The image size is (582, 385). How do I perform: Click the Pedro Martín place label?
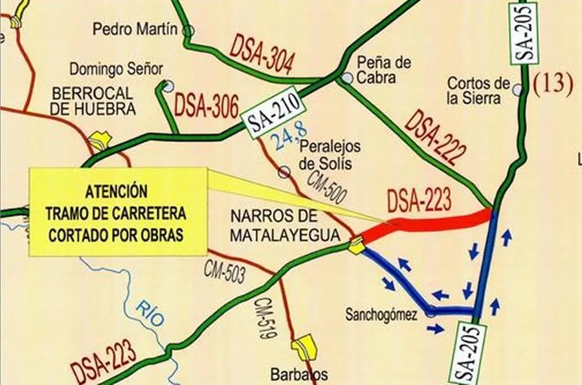[x=135, y=30]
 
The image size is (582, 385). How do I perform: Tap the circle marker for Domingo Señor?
[x=168, y=86]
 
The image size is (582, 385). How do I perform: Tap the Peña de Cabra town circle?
[x=348, y=78]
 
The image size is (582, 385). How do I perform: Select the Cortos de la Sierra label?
[x=479, y=91]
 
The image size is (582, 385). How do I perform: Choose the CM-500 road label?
[x=327, y=187]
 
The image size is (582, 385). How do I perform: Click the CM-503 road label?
[x=225, y=271]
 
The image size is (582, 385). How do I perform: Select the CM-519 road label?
[x=266, y=318]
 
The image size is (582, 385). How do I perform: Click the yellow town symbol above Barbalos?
[x=304, y=347]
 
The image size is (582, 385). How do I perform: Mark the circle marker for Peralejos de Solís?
[x=284, y=172]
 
